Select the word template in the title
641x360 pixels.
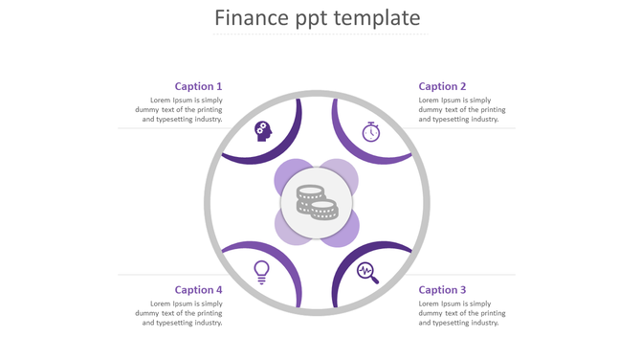tap(375, 18)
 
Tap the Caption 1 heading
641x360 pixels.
tap(198, 86)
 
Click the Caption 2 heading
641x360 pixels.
tap(443, 86)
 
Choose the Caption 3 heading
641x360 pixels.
tap(443, 289)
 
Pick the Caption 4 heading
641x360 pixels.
tap(198, 289)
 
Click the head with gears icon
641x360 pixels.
tap(263, 131)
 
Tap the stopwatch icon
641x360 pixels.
tap(371, 131)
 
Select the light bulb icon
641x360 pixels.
tap(261, 272)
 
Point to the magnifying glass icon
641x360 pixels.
tap(367, 273)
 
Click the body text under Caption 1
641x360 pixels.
tap(179, 110)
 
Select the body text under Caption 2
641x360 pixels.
tap(462, 110)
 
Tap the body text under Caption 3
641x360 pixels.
tap(462, 313)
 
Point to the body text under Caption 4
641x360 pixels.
tap(179, 313)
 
